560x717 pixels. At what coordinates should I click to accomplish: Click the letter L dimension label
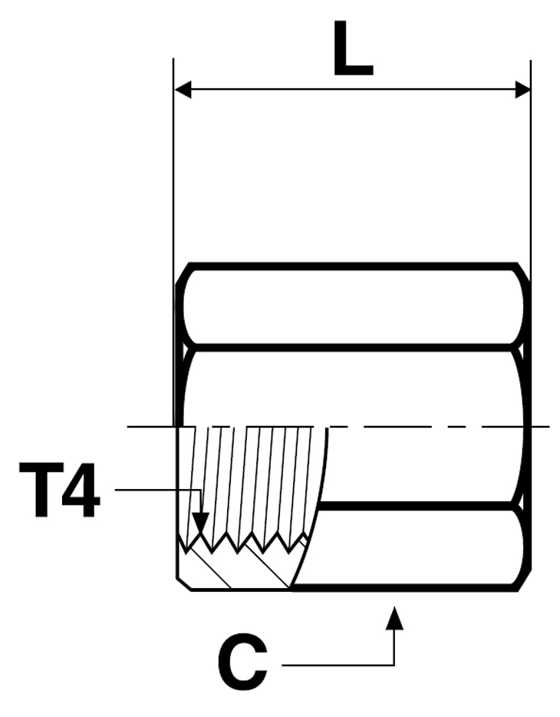pos(353,48)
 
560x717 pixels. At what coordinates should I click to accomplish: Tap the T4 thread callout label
pos(59,489)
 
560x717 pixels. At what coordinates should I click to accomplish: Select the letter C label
pos(242,662)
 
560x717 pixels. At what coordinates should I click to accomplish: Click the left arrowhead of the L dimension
pos(183,90)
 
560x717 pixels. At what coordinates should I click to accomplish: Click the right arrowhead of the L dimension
pos(522,90)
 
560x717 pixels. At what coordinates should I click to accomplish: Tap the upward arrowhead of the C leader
pos(394,617)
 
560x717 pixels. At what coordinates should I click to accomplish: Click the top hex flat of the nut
pos(353,306)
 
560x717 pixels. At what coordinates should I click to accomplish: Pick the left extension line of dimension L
pos(173,243)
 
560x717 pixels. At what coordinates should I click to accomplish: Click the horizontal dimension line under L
pos(353,90)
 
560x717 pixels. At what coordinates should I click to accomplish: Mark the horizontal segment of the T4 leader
pos(158,491)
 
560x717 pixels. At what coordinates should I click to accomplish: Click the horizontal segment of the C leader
pos(338,665)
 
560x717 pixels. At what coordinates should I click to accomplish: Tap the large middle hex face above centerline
pos(353,388)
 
